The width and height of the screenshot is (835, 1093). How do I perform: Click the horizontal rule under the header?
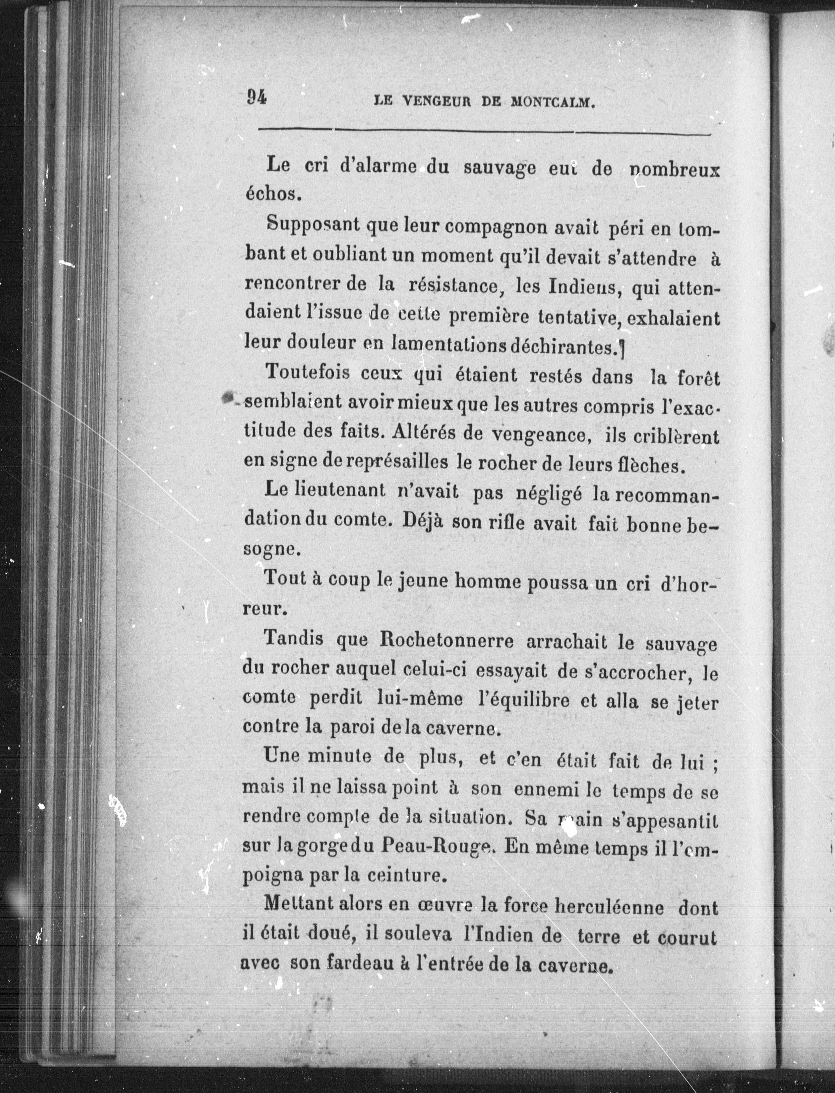485,132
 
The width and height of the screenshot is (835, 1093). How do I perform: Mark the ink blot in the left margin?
229,397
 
